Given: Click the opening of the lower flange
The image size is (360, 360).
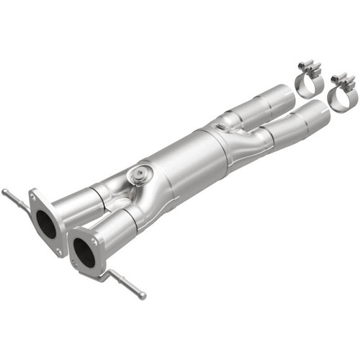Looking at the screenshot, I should [x=83, y=252].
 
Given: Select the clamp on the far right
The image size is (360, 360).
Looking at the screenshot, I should [x=341, y=94].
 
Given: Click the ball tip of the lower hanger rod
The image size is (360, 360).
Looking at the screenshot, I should [x=143, y=296].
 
